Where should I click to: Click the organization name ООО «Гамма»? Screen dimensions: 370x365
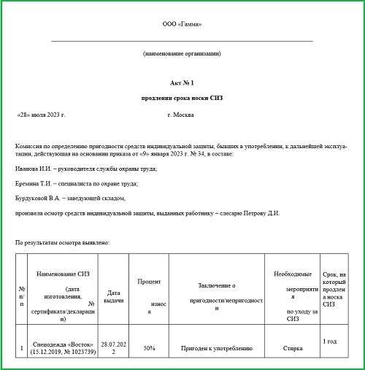[182, 24]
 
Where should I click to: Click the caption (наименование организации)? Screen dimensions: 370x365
[182, 53]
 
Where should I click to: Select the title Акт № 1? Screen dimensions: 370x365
[182, 85]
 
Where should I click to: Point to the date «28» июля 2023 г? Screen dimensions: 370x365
[41, 116]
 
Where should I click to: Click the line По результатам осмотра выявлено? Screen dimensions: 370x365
[62, 242]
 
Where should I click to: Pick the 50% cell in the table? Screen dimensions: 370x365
[149, 349]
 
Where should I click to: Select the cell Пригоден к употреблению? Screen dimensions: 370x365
[216, 349]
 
